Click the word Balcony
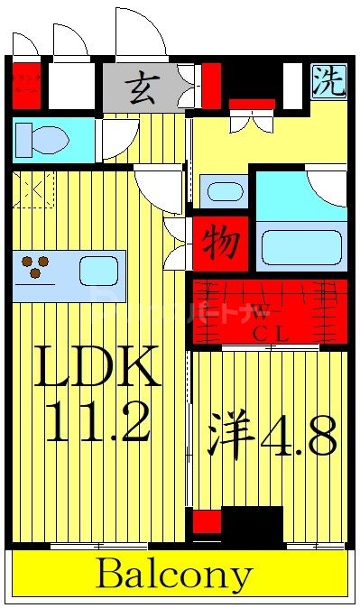[x=175, y=575]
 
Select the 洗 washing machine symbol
[x=328, y=82]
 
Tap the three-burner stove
[x=37, y=267]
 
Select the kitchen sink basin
[x=98, y=270]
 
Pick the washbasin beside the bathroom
[x=219, y=192]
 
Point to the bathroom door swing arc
[x=328, y=187]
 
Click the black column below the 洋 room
[x=252, y=525]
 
